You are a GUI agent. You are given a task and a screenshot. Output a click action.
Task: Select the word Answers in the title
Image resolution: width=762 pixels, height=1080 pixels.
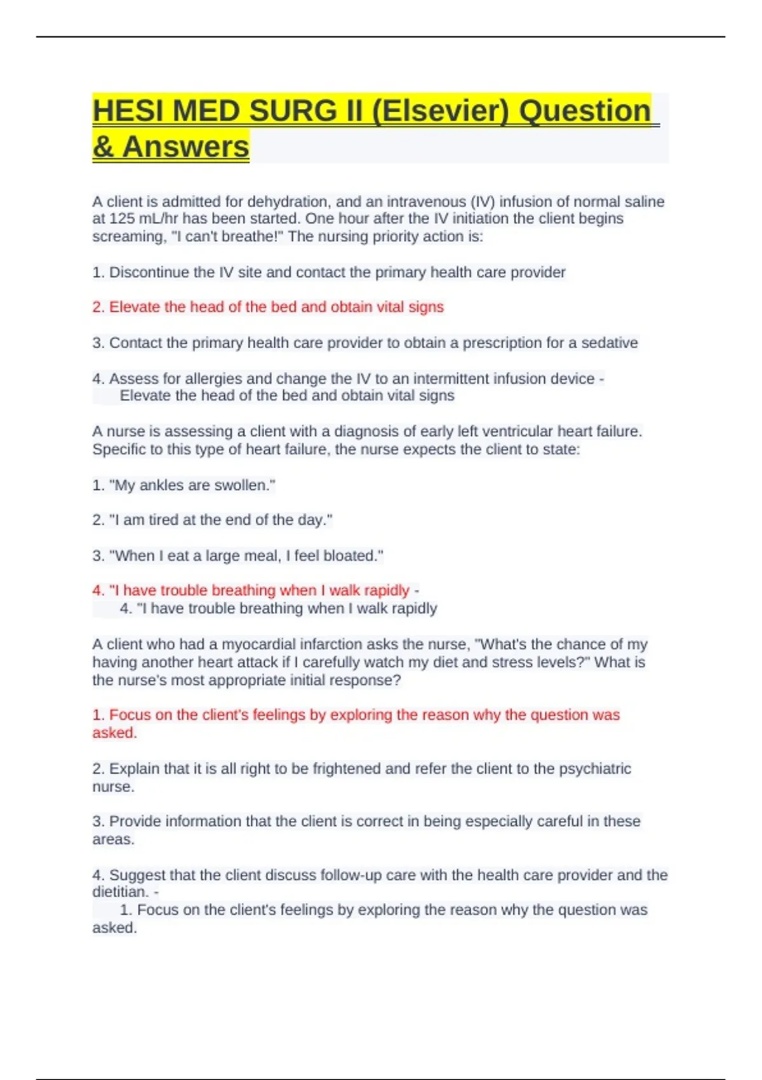click(x=185, y=147)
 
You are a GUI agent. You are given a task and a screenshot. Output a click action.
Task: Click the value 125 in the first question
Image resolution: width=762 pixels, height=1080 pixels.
click(x=122, y=219)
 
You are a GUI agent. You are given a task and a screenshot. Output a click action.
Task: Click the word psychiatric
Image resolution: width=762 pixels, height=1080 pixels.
click(x=595, y=769)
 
